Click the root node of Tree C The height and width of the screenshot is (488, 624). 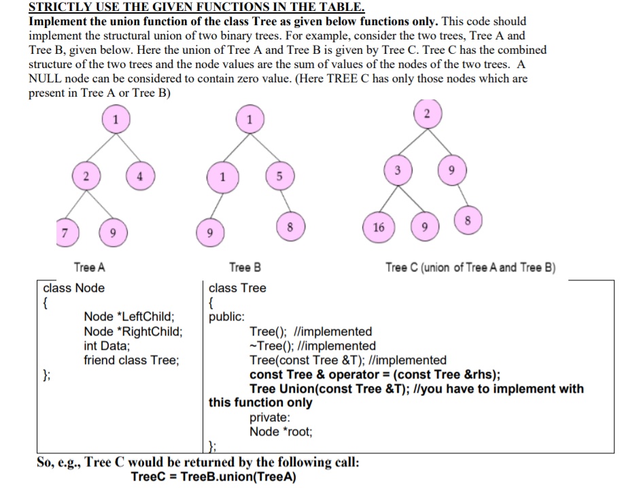pyautogui.click(x=427, y=114)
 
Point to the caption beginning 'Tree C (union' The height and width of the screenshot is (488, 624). pyautogui.click(x=470, y=267)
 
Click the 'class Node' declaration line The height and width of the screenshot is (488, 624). pyautogui.click(x=74, y=288)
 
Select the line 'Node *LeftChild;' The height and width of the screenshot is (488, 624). pyautogui.click(x=129, y=317)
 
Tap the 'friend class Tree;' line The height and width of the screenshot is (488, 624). pyautogui.click(x=131, y=360)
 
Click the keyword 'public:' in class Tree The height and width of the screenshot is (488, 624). pyautogui.click(x=227, y=317)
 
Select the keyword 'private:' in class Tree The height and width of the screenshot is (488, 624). pyautogui.click(x=270, y=417)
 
